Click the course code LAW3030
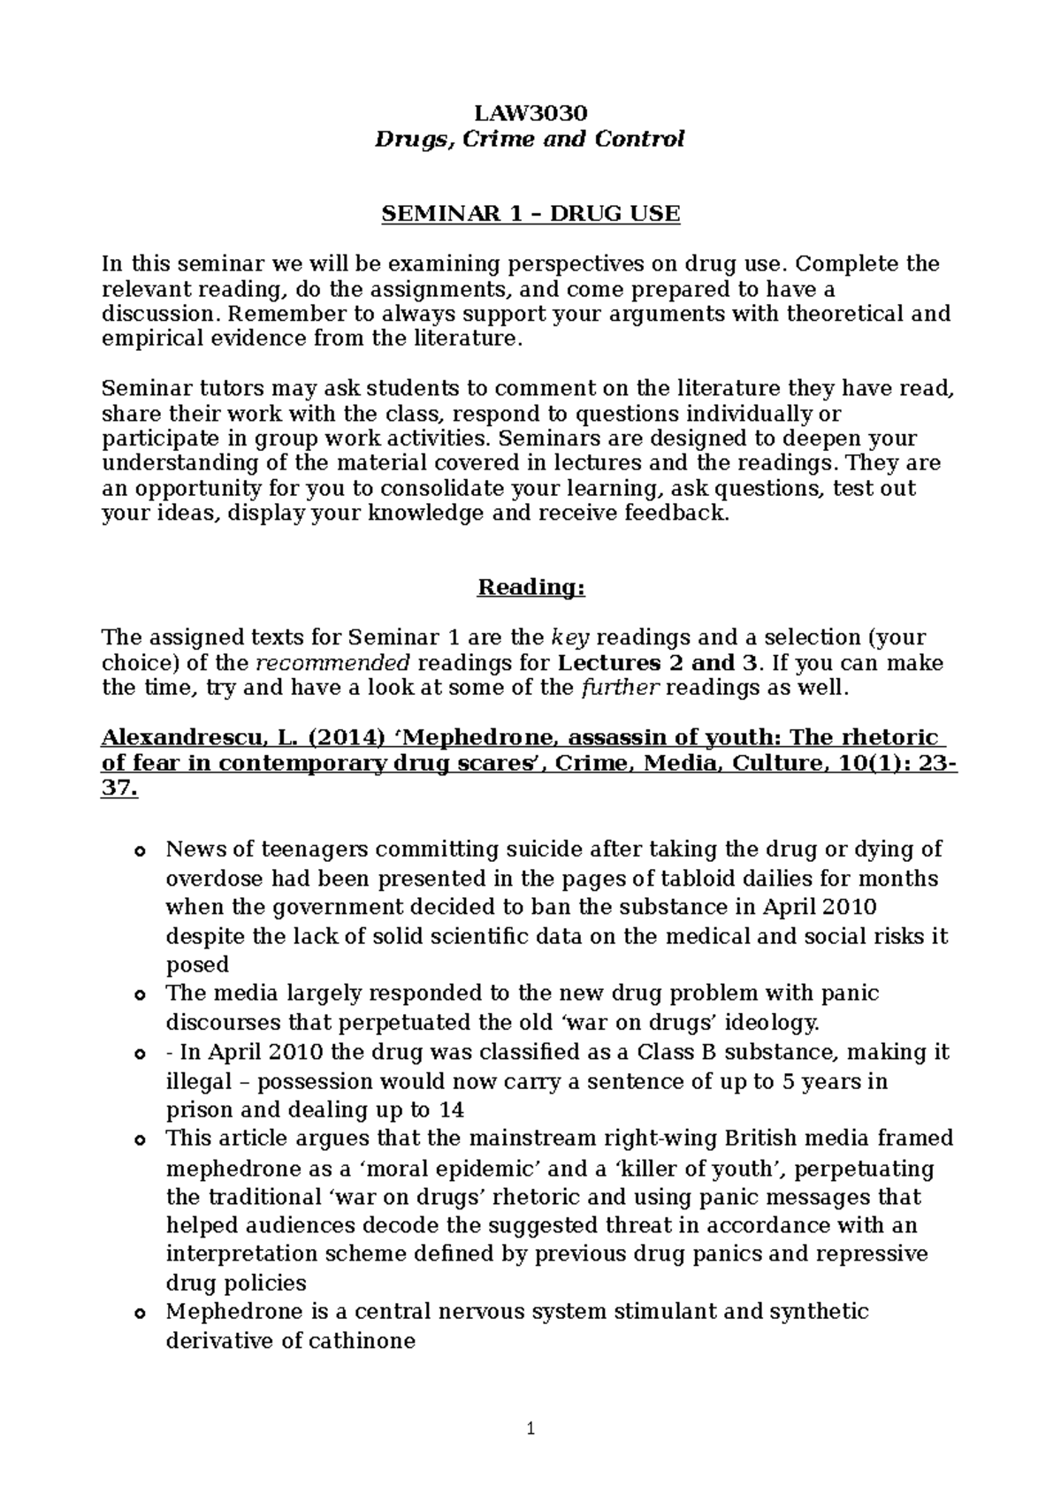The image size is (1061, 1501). coord(530,113)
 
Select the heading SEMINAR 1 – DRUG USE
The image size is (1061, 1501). coord(530,214)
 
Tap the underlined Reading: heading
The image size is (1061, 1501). coord(530,588)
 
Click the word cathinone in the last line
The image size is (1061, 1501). coord(362,1341)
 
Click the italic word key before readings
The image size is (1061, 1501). coord(566,637)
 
